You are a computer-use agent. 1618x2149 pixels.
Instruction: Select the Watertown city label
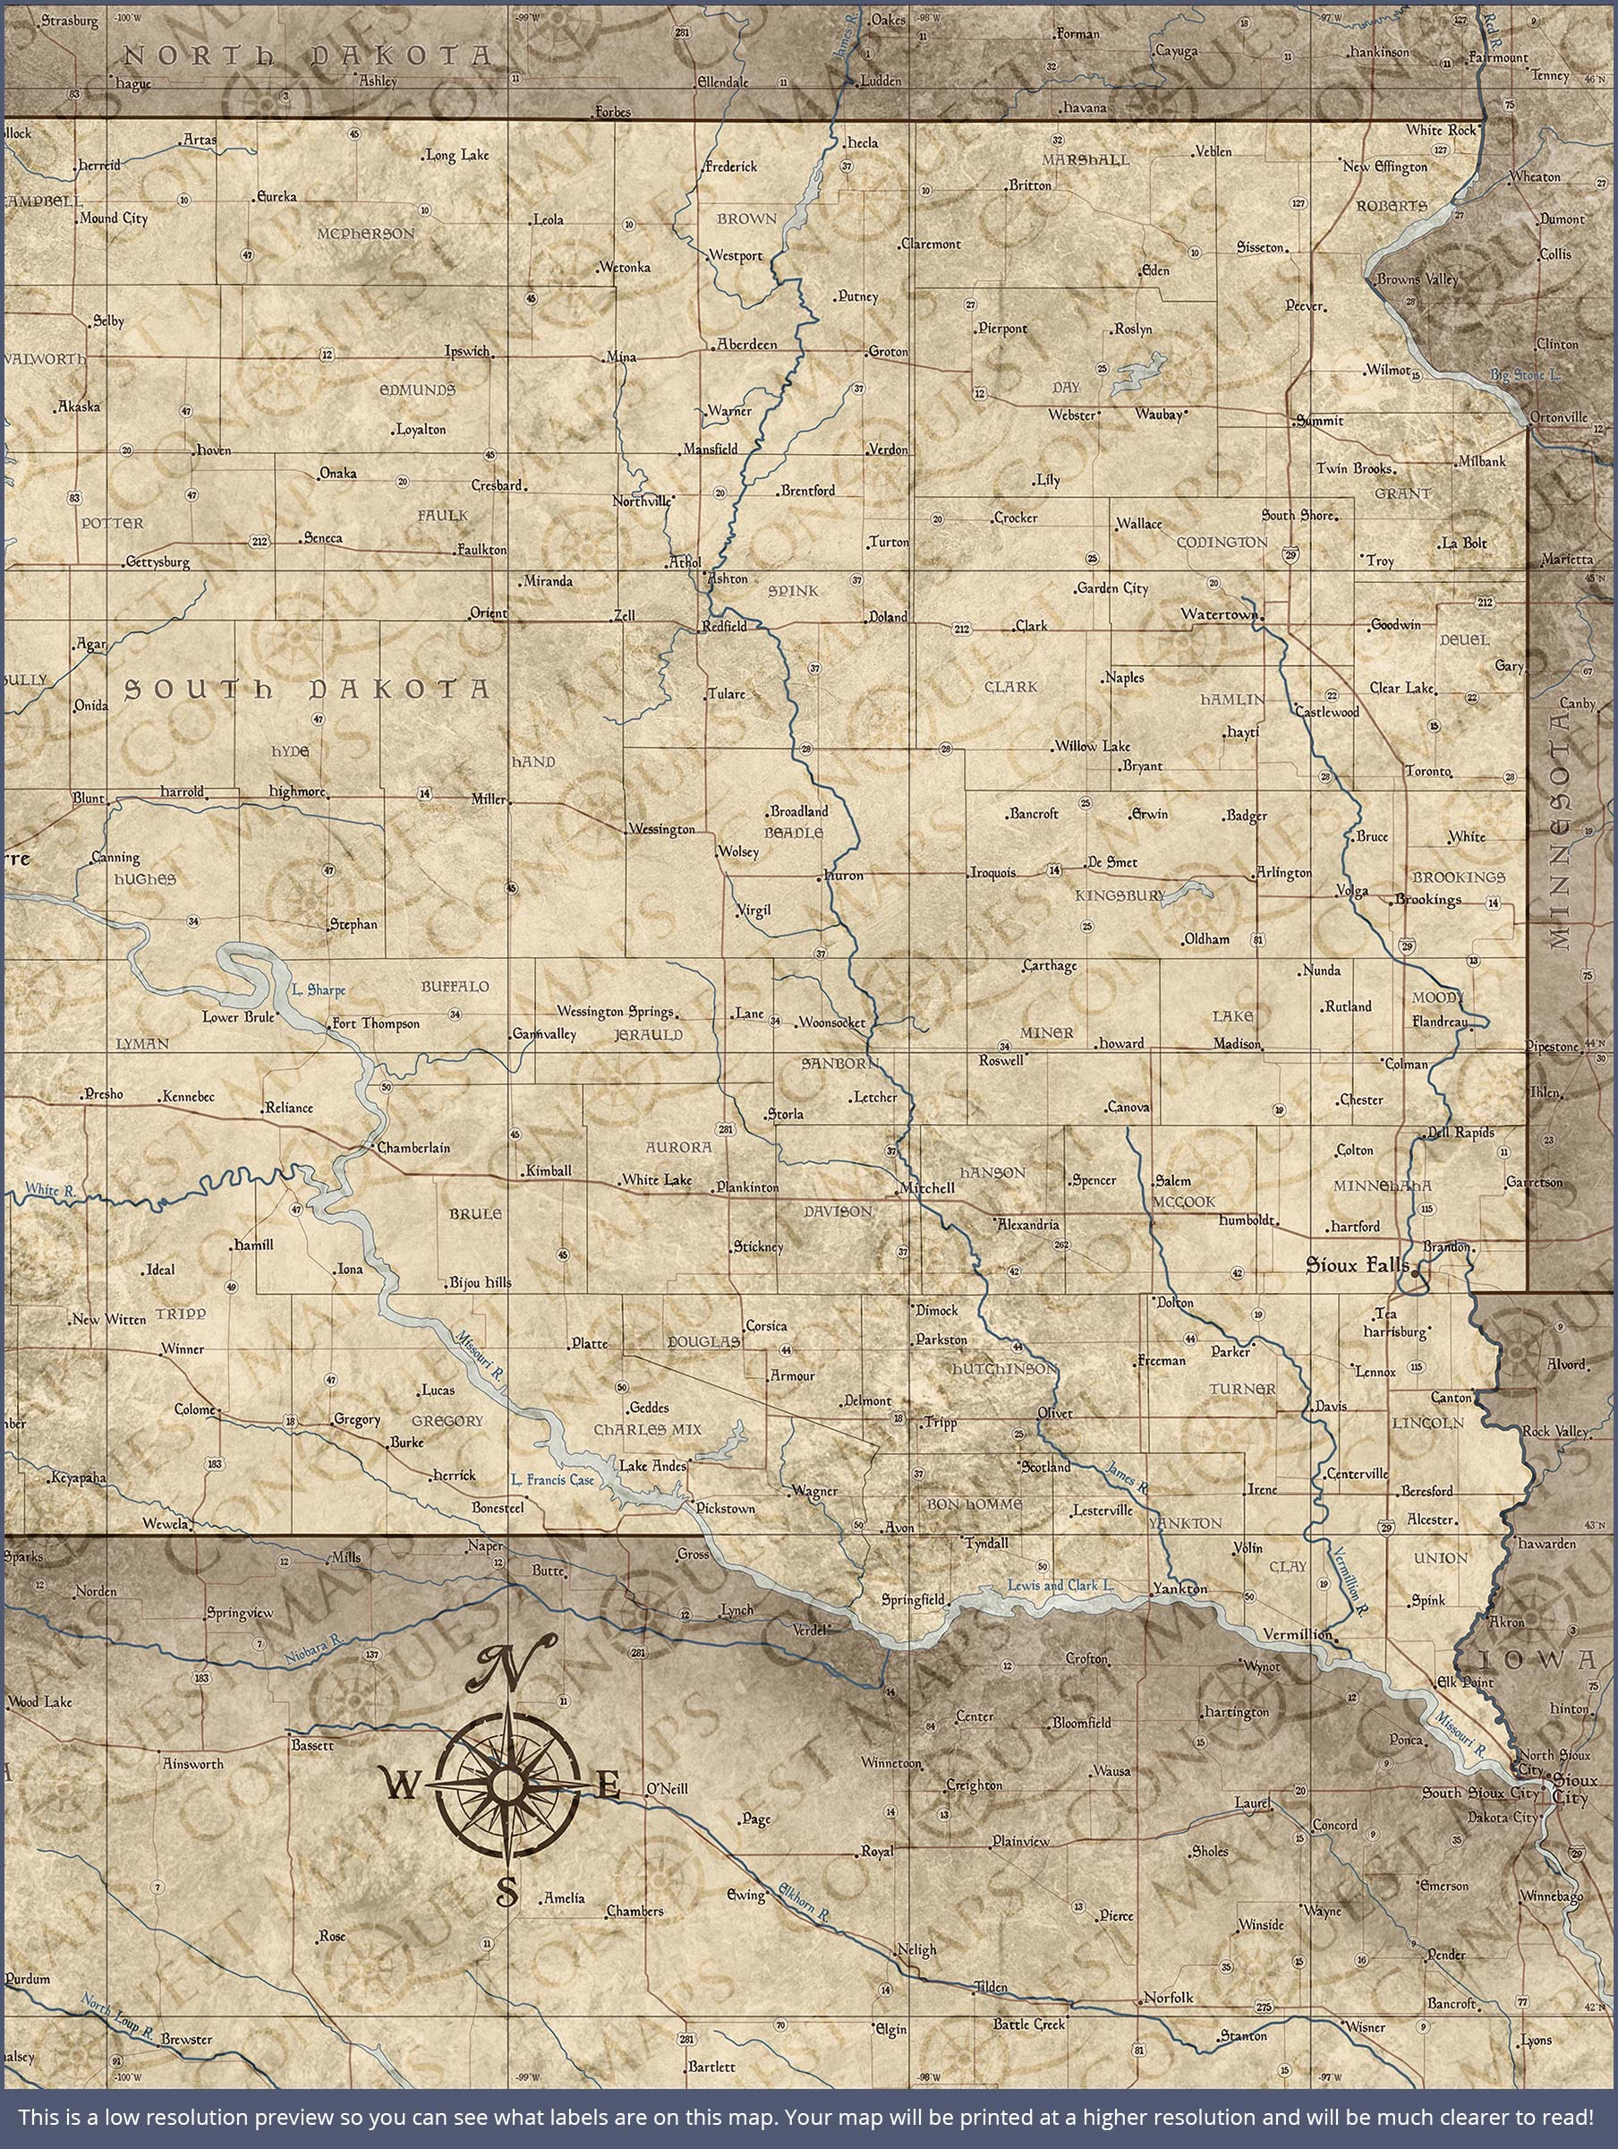tap(1219, 614)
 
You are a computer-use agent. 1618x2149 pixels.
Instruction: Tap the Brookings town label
tap(1427, 899)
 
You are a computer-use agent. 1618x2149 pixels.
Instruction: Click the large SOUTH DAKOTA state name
tap(306, 689)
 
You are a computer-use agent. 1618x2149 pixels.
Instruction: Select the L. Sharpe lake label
tap(319, 990)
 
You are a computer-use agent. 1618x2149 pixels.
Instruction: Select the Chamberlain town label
tap(413, 1147)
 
